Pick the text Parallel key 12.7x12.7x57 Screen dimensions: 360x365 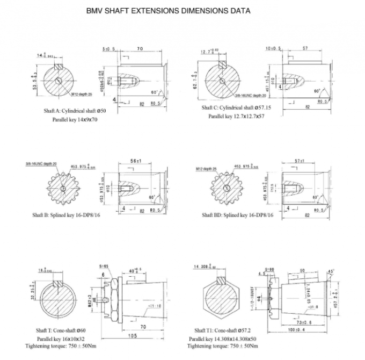click(237, 116)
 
